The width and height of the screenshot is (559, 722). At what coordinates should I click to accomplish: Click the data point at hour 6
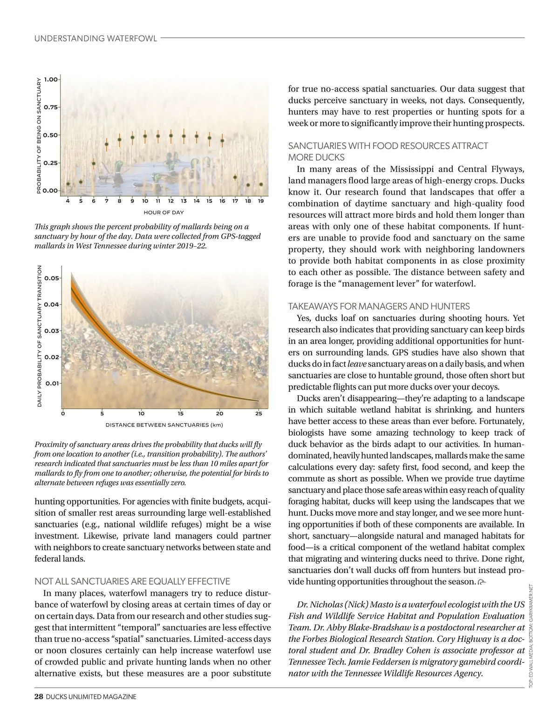(94, 163)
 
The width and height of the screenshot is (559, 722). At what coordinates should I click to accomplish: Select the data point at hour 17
(235, 177)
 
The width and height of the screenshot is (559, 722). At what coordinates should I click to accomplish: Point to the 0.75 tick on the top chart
(50, 107)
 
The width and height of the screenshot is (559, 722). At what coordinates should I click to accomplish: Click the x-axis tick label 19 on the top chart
(261, 201)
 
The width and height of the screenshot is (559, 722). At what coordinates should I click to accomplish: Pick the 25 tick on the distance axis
(259, 413)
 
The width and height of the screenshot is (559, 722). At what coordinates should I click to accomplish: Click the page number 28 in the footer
(39, 697)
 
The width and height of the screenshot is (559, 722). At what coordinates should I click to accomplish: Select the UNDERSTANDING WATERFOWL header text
(95, 38)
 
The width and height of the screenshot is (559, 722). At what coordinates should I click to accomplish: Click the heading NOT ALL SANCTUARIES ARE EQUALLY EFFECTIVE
(132, 581)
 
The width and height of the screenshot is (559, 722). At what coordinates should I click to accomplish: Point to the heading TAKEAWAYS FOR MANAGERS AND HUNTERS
(379, 306)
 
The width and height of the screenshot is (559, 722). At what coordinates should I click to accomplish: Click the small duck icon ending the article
(482, 581)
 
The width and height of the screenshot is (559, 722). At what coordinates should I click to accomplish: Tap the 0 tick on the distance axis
(62, 413)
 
